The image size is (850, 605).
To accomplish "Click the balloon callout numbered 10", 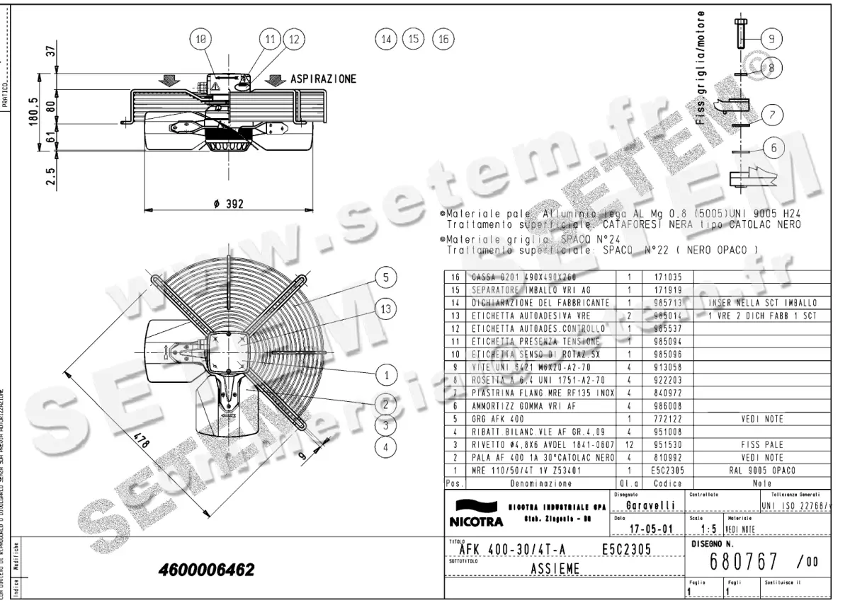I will click(x=201, y=40).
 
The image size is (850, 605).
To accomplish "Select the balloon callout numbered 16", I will click(x=443, y=40).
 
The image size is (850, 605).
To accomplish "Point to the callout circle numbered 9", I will click(x=771, y=38).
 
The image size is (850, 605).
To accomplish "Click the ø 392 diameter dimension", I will click(x=228, y=204).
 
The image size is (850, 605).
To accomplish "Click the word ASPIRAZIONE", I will click(x=323, y=79).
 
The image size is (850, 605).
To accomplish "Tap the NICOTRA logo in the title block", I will click(x=475, y=515).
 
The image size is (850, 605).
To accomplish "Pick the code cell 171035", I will click(x=657, y=278).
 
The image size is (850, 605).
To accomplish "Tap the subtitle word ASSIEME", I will click(x=555, y=568).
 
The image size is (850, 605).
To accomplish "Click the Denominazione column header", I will click(x=540, y=483).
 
